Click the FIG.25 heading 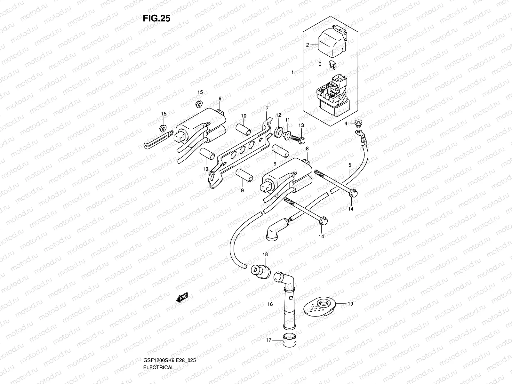click(156, 19)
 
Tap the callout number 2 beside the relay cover click(308, 45)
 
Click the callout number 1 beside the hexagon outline click(292, 73)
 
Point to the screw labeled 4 click(360, 123)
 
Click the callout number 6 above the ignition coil click(220, 99)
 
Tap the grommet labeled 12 click(279, 131)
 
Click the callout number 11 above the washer click(287, 120)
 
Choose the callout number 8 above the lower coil click(307, 149)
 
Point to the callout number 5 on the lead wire click(350, 165)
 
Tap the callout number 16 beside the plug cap click(270, 304)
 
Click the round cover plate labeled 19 click(318, 307)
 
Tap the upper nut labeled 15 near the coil click(199, 103)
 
